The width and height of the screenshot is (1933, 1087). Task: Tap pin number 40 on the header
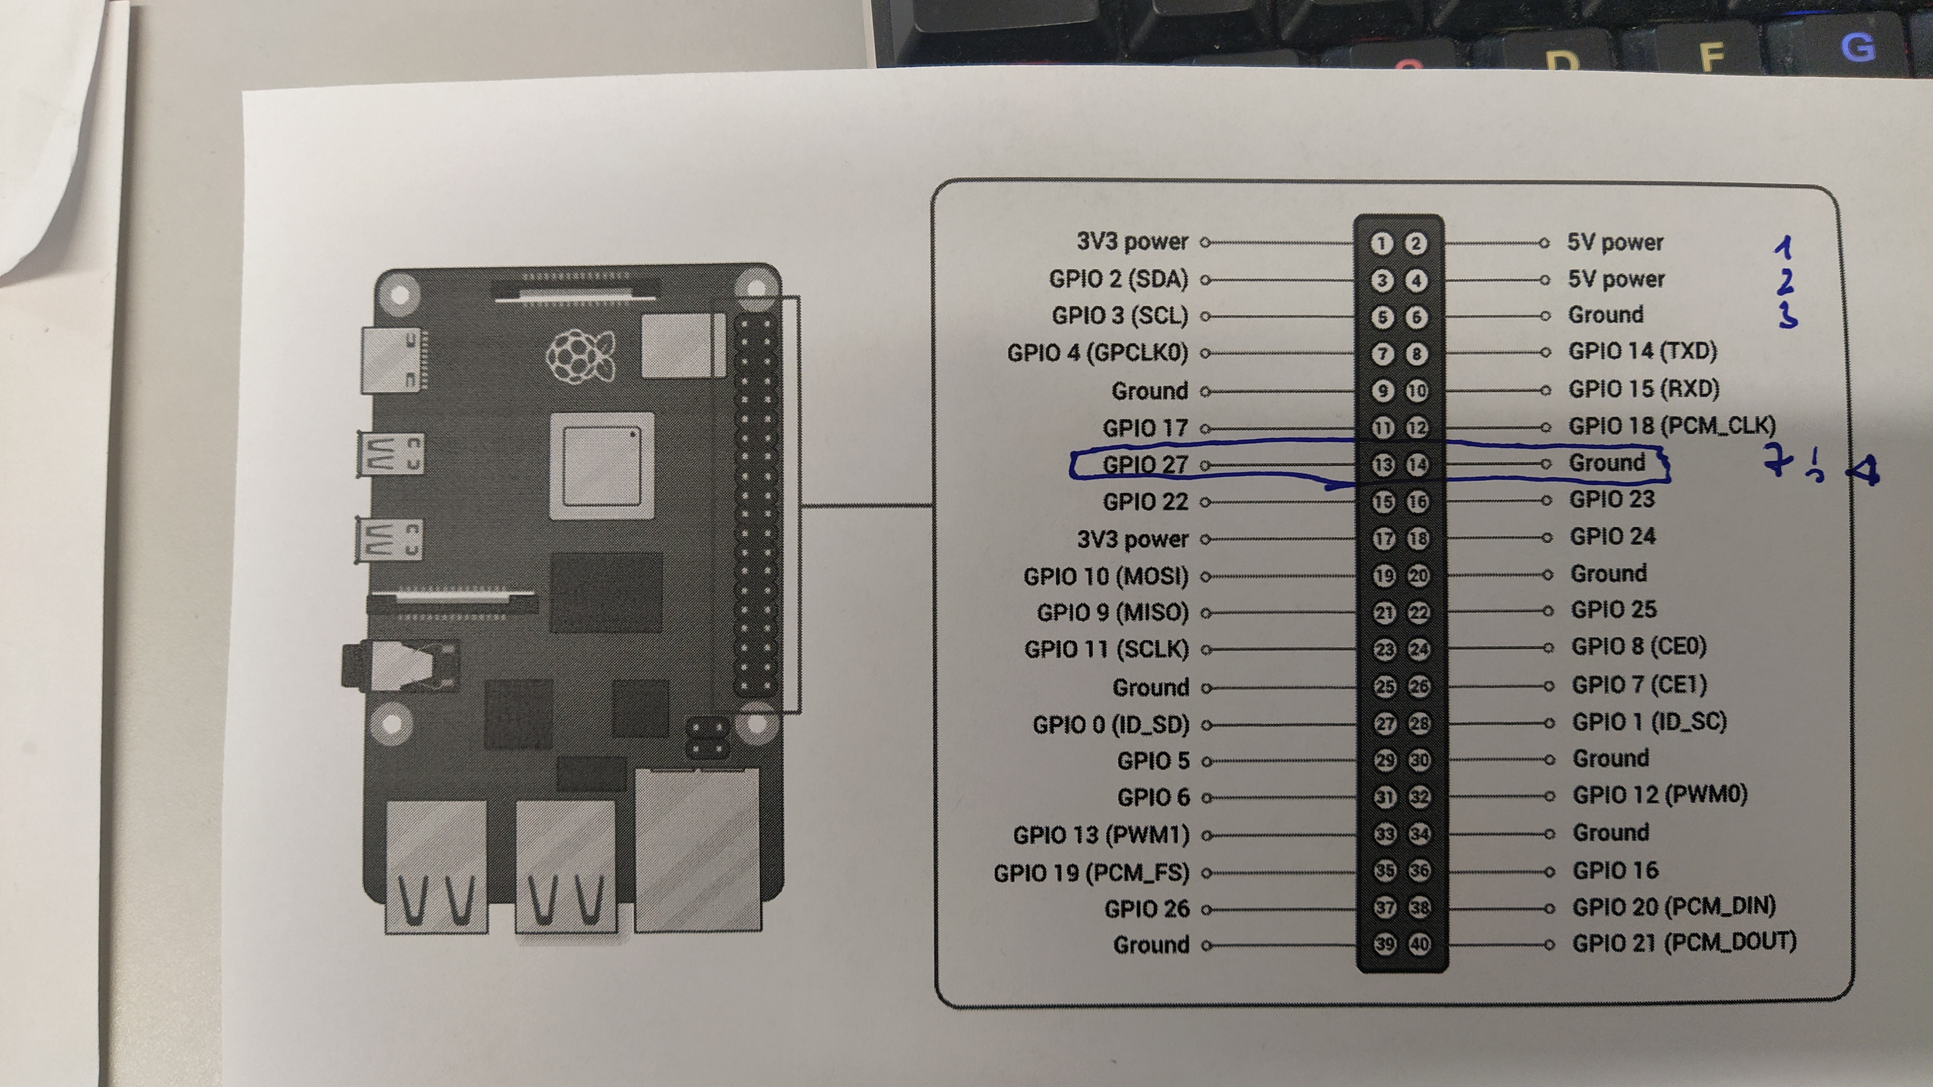[1419, 943]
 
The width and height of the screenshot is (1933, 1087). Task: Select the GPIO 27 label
[1145, 465]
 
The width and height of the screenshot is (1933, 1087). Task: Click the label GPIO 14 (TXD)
[1643, 351]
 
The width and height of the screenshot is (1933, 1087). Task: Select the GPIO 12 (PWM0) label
[1660, 794]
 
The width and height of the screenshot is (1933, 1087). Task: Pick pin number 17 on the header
[1384, 538]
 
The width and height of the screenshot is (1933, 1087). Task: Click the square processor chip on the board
[602, 466]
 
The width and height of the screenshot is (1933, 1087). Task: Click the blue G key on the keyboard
[1857, 47]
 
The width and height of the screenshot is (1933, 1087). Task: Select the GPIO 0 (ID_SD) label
[1111, 724]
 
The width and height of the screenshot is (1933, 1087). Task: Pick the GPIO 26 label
[1147, 909]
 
